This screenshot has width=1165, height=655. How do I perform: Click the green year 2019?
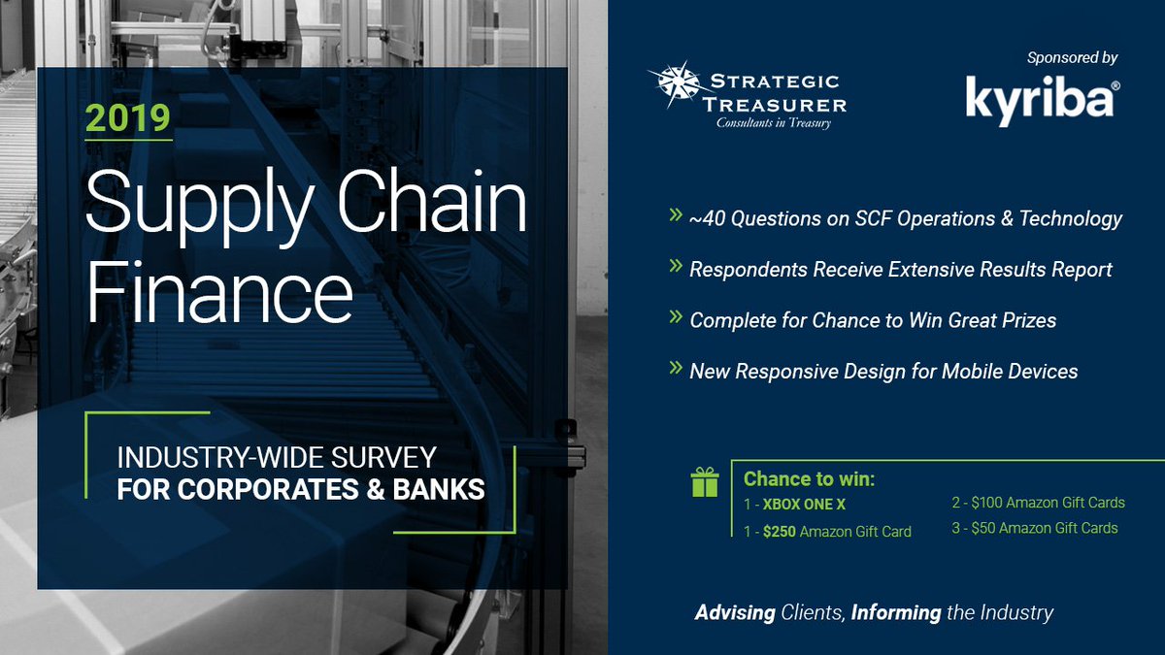pos(128,118)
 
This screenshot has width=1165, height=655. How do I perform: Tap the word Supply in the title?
pos(200,206)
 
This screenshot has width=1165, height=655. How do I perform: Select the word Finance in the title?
pos(219,292)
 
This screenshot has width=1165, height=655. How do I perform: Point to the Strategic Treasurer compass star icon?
pos(676,84)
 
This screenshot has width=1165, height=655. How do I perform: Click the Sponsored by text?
pos(1072,57)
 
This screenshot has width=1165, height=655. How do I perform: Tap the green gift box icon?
pos(705,482)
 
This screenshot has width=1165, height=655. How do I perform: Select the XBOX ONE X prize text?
pos(804,505)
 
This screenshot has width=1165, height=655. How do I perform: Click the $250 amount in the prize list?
pos(779,532)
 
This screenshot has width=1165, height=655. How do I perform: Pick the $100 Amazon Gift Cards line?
pos(1038,503)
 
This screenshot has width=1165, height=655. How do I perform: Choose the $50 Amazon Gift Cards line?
pos(1035,528)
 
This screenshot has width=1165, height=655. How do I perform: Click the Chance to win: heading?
pos(810,478)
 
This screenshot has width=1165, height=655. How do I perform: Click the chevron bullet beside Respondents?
pos(676,266)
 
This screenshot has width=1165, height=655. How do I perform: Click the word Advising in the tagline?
pos(735,613)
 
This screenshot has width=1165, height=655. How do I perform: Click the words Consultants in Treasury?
pos(774,122)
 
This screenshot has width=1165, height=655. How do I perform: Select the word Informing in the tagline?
pos(896,613)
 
